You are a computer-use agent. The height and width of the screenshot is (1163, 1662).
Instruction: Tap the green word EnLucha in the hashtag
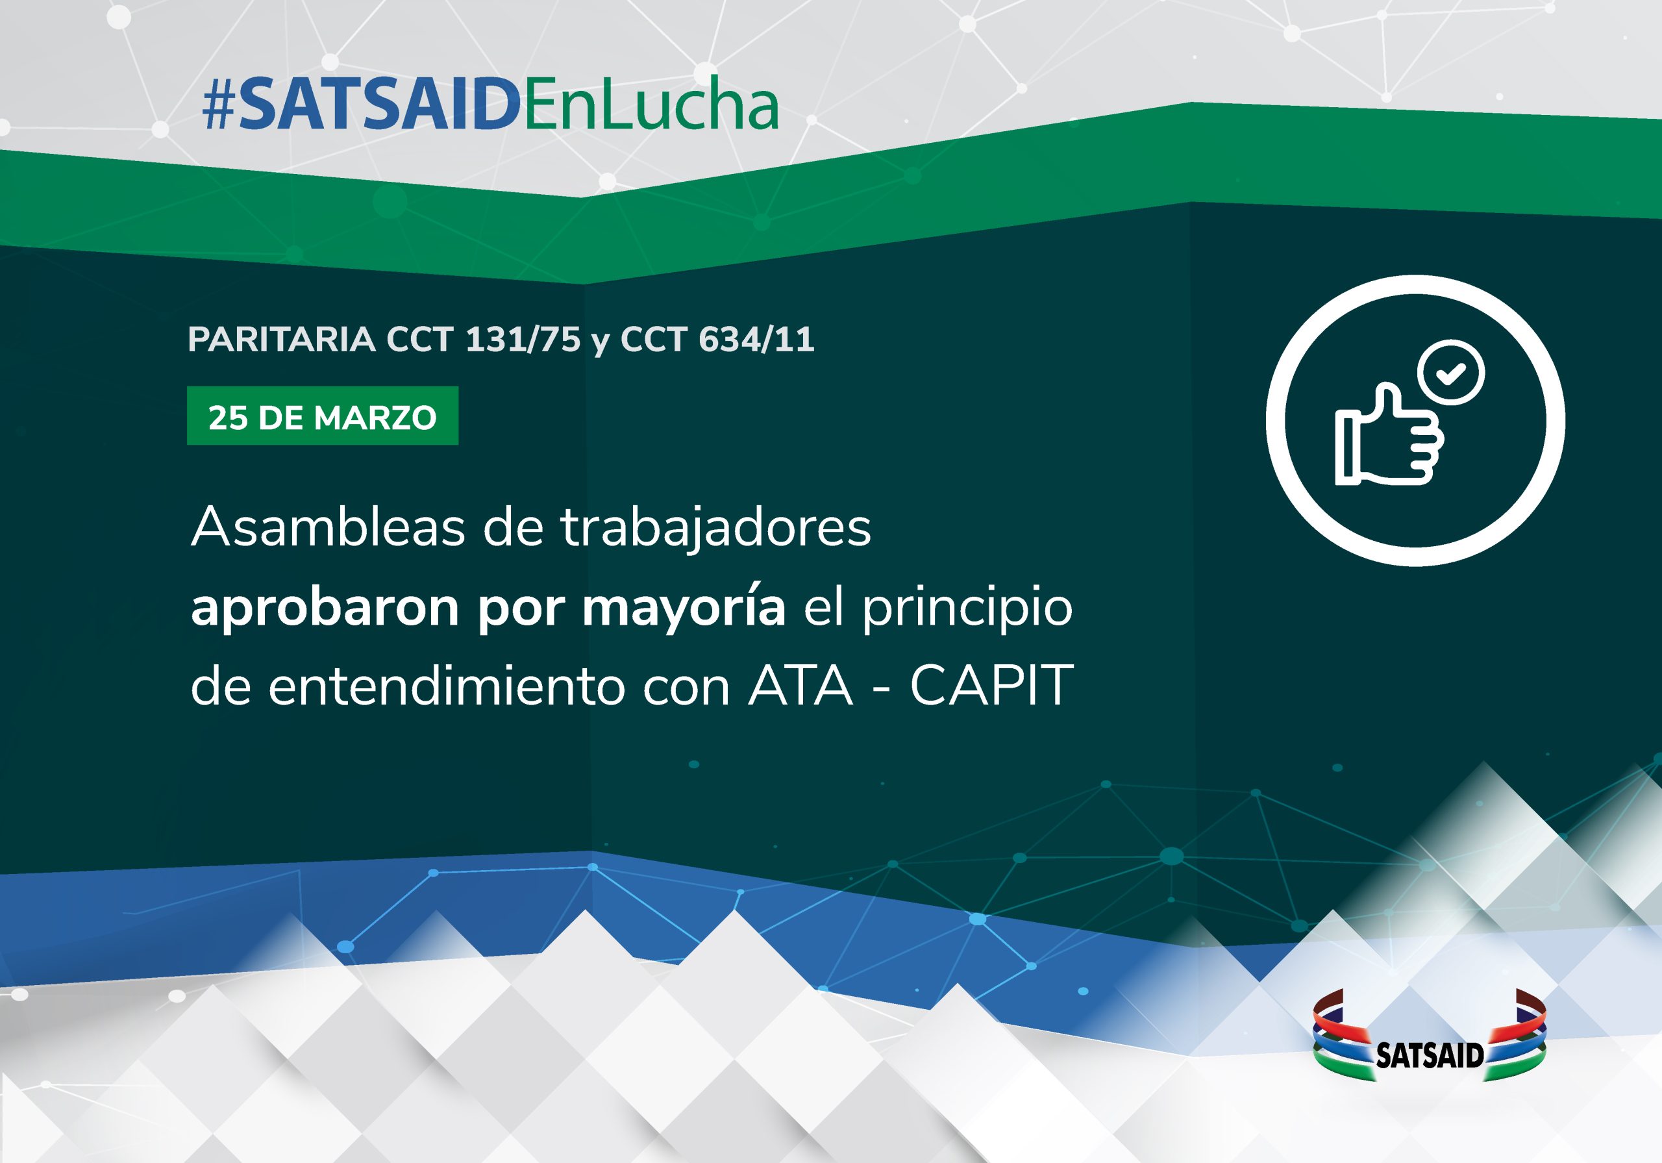[650, 105]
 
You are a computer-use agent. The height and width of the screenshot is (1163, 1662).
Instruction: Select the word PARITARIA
[282, 339]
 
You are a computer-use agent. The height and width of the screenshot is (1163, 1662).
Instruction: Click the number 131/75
[523, 339]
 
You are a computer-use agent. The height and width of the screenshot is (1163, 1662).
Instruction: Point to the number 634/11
[756, 339]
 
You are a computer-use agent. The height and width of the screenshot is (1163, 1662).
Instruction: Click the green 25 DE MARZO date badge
[322, 416]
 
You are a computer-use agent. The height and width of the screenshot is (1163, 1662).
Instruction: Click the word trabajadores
[716, 529]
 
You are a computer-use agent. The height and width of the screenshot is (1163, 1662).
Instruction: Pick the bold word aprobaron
[325, 608]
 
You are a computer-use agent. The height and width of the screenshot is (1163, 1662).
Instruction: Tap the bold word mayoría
[684, 608]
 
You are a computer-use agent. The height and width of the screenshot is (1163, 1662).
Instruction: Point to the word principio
[967, 608]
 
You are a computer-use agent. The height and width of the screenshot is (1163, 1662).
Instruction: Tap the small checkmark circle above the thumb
[1452, 373]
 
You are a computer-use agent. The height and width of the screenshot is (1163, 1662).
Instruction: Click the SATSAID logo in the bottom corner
[1430, 1036]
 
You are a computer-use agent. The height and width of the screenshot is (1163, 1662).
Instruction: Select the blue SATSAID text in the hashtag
[379, 106]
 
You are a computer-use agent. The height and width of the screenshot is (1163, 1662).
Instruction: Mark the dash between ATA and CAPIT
[882, 688]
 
